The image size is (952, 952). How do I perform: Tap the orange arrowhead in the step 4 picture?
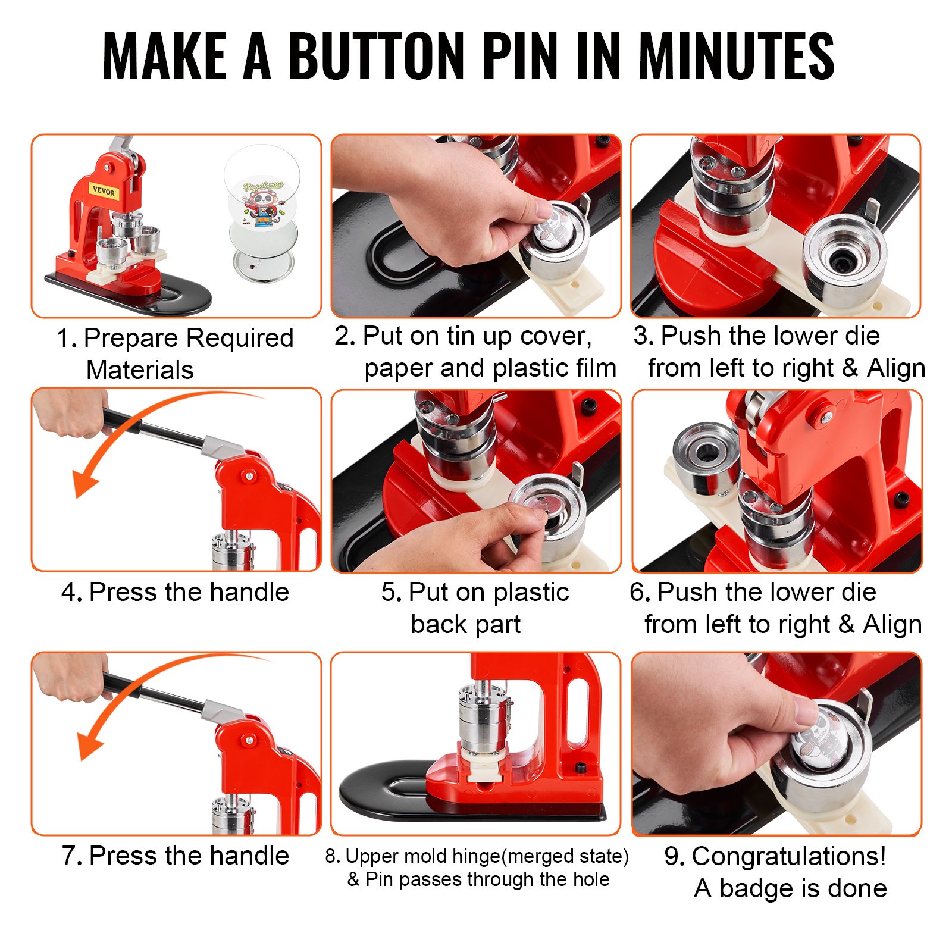point(83,482)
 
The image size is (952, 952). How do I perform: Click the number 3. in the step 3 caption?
point(644,336)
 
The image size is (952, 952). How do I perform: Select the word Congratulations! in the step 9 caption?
point(789,856)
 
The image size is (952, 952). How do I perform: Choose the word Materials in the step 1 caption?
point(140,370)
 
